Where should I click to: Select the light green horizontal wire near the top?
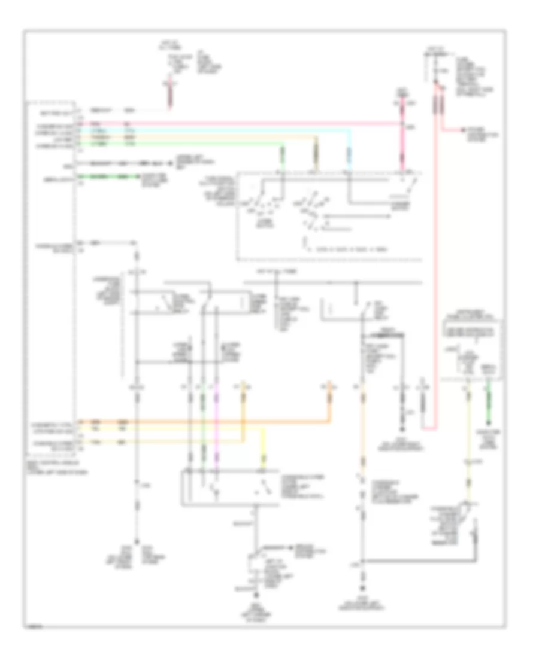[x=180, y=144]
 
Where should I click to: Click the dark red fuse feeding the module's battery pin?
[x=171, y=96]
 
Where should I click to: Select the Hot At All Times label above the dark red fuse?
[x=167, y=45]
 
